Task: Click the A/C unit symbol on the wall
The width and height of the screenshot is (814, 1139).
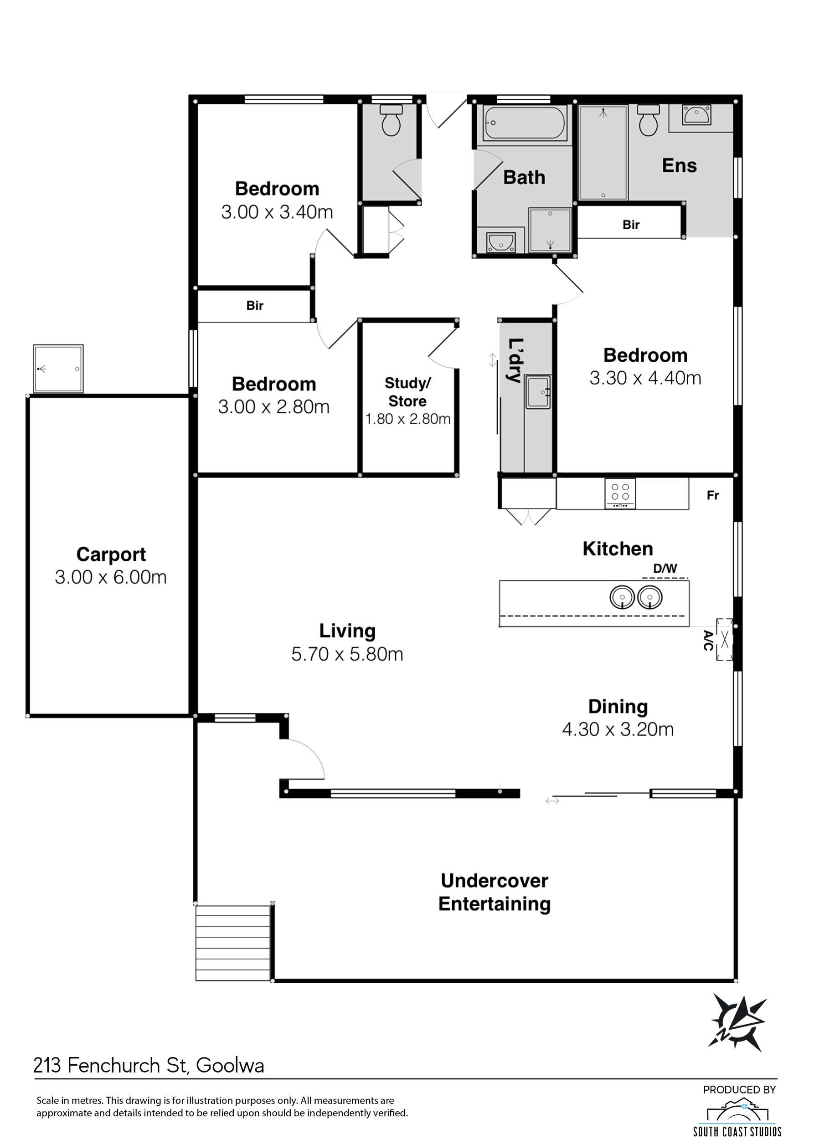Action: click(724, 639)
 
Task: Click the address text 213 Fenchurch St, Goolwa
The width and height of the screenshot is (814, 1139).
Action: click(149, 1065)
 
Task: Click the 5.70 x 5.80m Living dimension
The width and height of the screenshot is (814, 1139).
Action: click(347, 654)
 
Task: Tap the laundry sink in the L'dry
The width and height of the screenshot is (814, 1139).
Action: click(538, 392)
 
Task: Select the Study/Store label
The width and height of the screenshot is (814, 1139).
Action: click(407, 392)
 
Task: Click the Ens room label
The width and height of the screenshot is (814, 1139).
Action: click(679, 165)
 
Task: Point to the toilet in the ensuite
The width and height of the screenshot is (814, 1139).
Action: click(648, 120)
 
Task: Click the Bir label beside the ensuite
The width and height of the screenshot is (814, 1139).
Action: click(631, 225)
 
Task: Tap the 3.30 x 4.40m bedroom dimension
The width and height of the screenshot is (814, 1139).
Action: click(645, 378)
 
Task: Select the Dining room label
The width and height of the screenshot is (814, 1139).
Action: click(618, 707)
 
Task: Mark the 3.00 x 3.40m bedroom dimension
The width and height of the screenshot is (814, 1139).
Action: click(277, 212)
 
